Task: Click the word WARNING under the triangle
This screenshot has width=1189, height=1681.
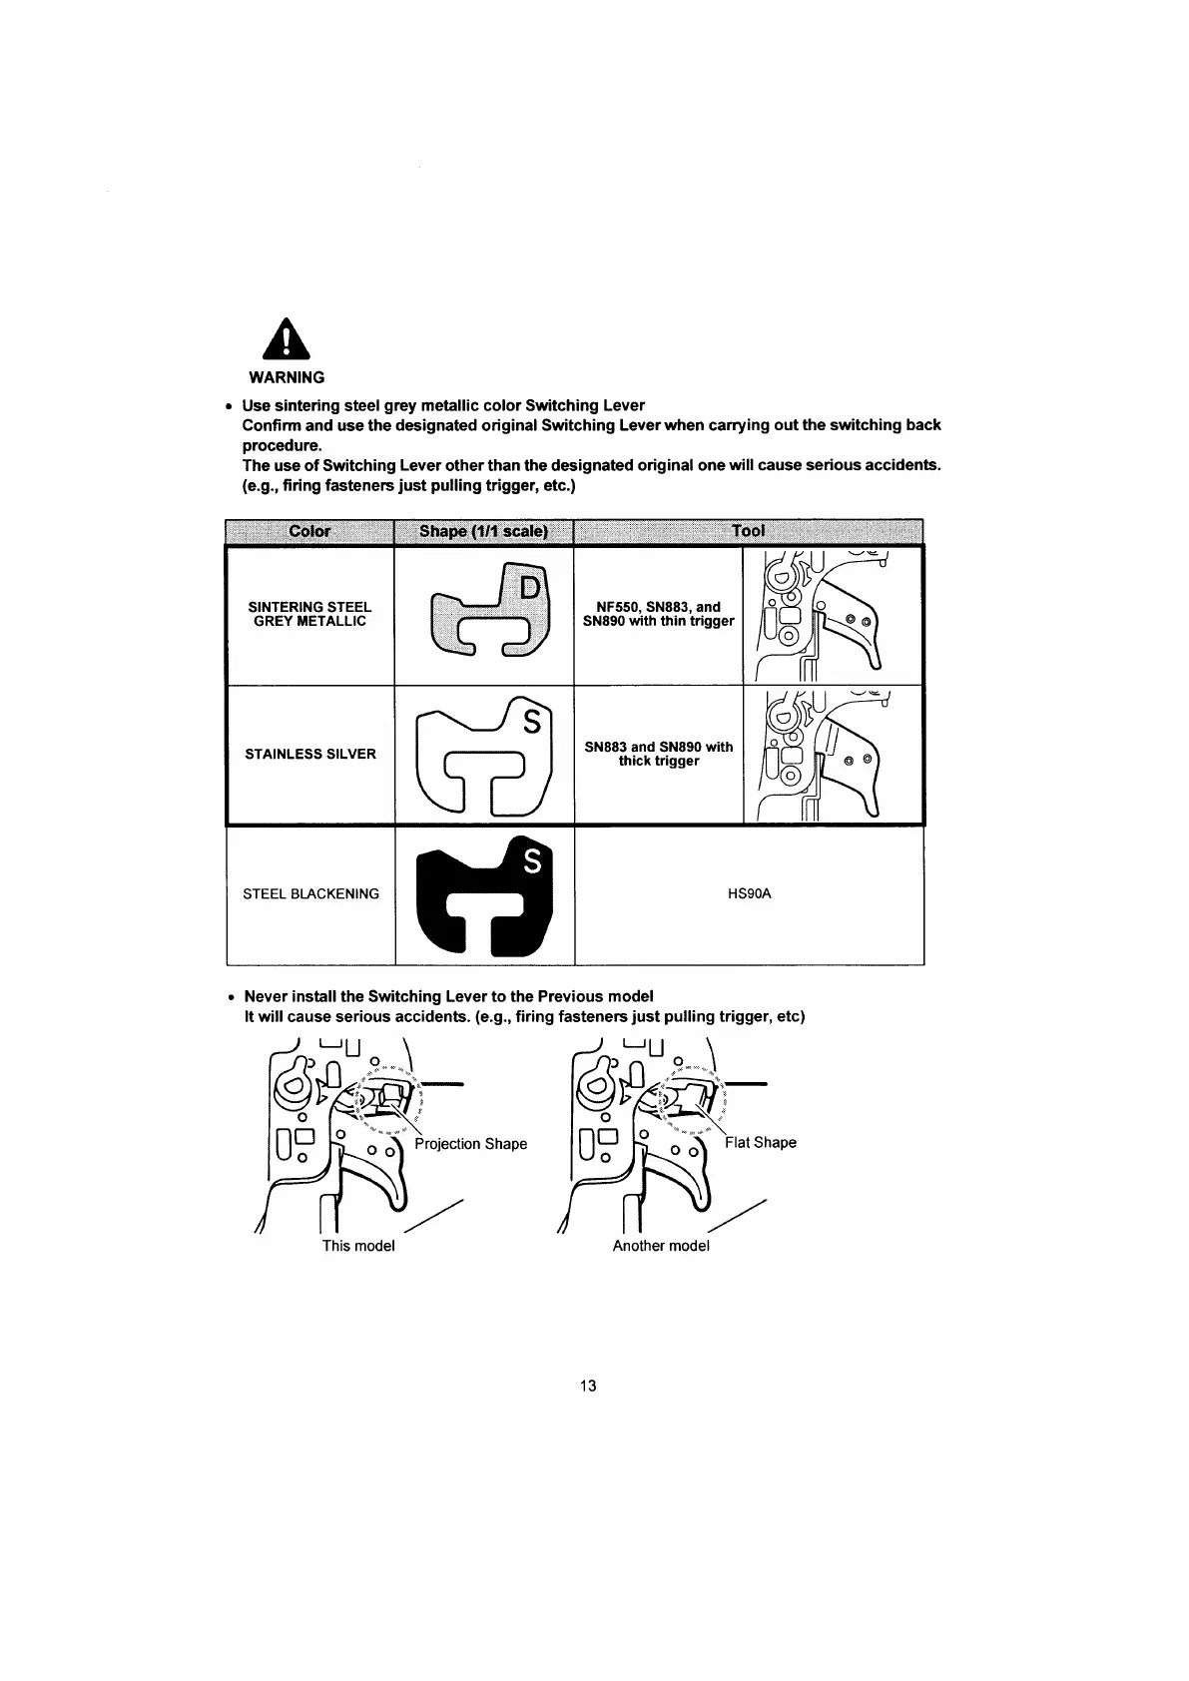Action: [287, 377]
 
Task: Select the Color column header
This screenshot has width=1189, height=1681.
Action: [309, 531]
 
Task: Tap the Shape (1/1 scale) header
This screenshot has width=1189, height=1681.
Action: [484, 531]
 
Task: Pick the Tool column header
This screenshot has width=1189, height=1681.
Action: [748, 531]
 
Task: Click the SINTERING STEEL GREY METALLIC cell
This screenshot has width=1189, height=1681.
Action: [309, 614]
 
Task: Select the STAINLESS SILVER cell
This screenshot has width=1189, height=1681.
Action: [310, 754]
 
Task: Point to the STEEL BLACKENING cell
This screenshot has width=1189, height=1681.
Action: [310, 893]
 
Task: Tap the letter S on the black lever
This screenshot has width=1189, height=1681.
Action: [531, 860]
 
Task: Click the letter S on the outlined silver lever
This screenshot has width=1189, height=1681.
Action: [531, 721]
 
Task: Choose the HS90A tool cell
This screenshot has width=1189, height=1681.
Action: [749, 893]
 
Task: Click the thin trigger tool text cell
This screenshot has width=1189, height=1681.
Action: [658, 614]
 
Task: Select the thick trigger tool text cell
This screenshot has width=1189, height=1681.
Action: [658, 754]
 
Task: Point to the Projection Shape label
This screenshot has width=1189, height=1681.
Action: [470, 1144]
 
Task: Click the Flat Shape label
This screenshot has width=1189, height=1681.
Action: [761, 1143]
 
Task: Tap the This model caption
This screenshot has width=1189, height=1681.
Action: [358, 1246]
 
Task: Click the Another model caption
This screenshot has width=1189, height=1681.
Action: [661, 1246]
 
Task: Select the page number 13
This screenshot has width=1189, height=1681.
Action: [588, 1386]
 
